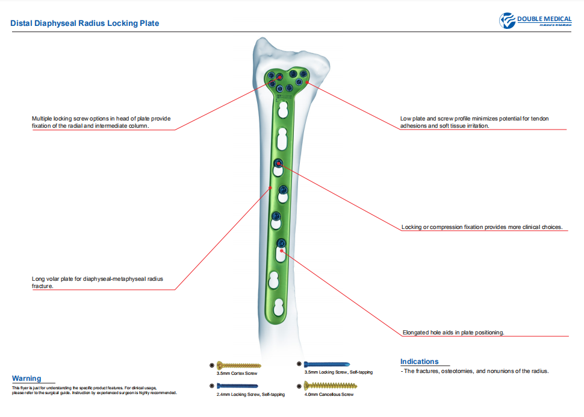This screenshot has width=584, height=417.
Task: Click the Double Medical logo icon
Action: coord(508,20)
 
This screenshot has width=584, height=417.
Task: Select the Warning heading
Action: coord(26,378)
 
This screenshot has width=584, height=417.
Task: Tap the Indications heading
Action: coord(420,362)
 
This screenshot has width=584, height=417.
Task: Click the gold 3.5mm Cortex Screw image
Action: coord(239,365)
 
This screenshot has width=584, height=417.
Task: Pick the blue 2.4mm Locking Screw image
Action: coord(237,386)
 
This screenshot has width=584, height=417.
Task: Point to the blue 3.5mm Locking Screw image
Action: coord(327,364)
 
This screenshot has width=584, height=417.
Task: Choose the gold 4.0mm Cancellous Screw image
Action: coord(331,385)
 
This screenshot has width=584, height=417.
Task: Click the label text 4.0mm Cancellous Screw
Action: coord(329,394)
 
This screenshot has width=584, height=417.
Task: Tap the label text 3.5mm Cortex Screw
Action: coord(237,374)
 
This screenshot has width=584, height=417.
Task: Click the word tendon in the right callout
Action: coord(539,119)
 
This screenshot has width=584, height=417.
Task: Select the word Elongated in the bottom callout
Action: coord(415,333)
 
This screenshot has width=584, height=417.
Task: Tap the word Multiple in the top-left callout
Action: coord(42,119)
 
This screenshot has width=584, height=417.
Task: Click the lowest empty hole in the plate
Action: coord(279,307)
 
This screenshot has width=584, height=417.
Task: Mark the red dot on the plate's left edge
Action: coord(271,188)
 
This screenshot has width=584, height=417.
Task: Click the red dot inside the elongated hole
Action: coord(282,251)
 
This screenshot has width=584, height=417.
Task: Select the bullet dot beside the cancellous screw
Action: coord(299,386)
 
